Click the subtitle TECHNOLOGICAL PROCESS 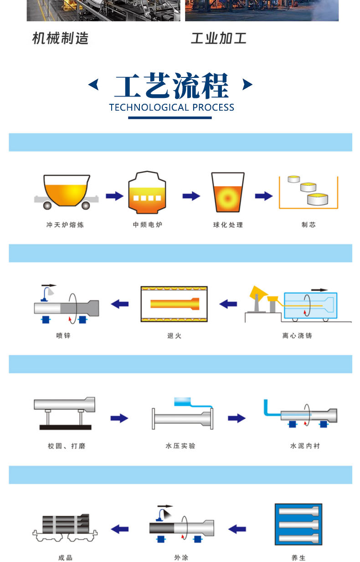[x=171, y=107]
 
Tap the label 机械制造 [x=60, y=38]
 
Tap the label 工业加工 [x=218, y=38]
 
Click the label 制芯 [x=308, y=225]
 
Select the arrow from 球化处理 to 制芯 [x=264, y=196]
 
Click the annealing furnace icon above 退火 [x=174, y=304]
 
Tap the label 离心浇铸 [x=297, y=336]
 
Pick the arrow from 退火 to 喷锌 [x=120, y=303]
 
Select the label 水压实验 [x=180, y=446]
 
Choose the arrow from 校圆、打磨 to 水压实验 [x=119, y=418]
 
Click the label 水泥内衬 [x=305, y=446]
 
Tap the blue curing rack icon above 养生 [x=298, y=525]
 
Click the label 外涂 [x=180, y=557]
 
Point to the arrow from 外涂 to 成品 [x=120, y=529]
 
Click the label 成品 [x=65, y=557]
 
